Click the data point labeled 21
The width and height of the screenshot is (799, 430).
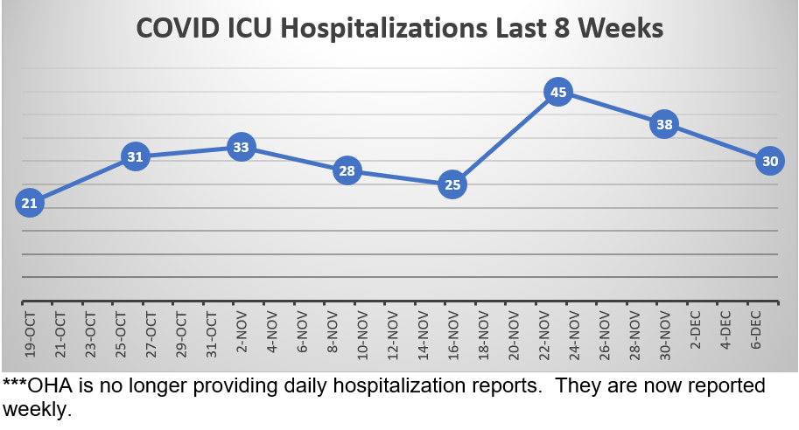click(x=29, y=204)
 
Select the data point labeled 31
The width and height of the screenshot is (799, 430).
click(x=135, y=157)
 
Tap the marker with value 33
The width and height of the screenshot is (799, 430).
click(x=241, y=148)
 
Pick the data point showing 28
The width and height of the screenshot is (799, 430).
click(x=347, y=170)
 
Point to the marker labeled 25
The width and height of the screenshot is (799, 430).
click(x=452, y=185)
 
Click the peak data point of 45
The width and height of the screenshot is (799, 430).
click(x=557, y=92)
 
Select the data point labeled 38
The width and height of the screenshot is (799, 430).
click(x=664, y=124)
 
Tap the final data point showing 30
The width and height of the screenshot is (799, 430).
click(x=769, y=161)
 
